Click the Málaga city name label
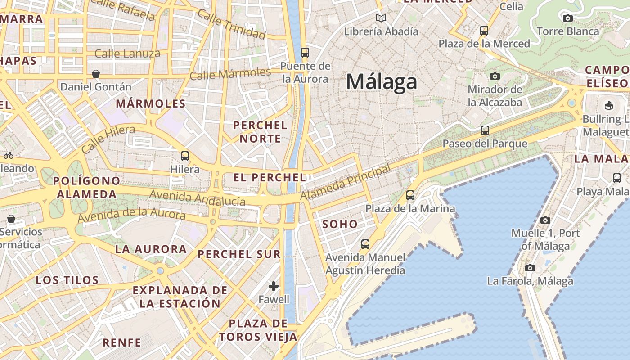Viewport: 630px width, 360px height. pyautogui.click(x=382, y=82)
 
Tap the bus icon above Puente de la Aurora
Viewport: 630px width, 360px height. pyautogui.click(x=305, y=52)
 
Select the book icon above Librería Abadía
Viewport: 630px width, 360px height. pyautogui.click(x=381, y=18)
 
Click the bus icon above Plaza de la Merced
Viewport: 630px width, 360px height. pyautogui.click(x=484, y=31)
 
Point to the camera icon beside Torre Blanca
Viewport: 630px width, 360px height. pyautogui.click(x=568, y=18)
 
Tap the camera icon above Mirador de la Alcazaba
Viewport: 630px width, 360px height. pyautogui.click(x=495, y=76)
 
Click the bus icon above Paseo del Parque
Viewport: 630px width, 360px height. pyautogui.click(x=485, y=130)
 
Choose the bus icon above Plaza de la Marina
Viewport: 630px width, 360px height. pyautogui.click(x=410, y=195)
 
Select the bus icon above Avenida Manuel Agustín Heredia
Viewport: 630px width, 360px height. pyautogui.click(x=365, y=244)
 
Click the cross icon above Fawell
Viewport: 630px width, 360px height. pyautogui.click(x=274, y=286)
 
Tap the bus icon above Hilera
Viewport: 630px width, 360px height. pyautogui.click(x=184, y=156)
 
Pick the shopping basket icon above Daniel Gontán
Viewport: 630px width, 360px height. pyautogui.click(x=95, y=74)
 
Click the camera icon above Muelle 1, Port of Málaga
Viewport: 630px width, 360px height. pyautogui.click(x=545, y=220)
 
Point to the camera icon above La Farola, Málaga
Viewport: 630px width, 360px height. pyautogui.click(x=530, y=268)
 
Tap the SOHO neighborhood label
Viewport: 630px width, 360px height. pyautogui.click(x=340, y=224)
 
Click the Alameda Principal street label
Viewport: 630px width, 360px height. pyautogui.click(x=345, y=184)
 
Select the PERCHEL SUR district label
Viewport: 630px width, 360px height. pyautogui.click(x=239, y=254)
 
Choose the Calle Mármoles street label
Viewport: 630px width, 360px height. pyautogui.click(x=230, y=73)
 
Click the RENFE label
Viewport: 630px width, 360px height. pyautogui.click(x=122, y=342)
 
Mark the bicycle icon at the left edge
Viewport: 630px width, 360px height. pyautogui.click(x=9, y=155)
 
